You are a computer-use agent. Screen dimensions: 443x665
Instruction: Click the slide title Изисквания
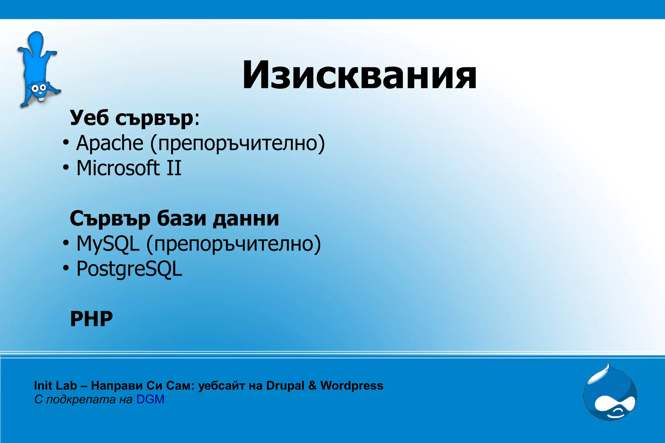point(359,75)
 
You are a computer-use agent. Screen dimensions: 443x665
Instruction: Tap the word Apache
point(110,143)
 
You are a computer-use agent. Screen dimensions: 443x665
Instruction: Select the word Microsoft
point(118,168)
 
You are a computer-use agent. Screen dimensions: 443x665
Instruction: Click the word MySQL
point(108,244)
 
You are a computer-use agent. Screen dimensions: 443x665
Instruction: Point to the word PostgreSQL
point(129,269)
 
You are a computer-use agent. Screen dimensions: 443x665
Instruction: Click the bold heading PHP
point(91,319)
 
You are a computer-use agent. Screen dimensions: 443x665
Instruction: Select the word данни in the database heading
point(246,218)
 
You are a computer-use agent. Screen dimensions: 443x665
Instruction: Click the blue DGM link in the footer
point(150,400)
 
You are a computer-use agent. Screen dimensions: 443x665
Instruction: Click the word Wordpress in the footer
point(352,386)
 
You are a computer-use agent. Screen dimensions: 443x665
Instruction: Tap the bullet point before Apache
point(66,143)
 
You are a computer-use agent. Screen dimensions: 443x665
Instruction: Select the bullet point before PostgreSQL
point(66,269)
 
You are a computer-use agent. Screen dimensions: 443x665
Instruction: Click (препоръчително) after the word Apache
point(237,143)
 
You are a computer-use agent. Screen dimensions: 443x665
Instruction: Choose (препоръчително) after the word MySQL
point(233,244)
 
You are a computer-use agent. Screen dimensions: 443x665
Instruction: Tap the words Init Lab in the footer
point(55,386)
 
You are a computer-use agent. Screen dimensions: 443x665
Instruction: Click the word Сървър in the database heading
point(110,218)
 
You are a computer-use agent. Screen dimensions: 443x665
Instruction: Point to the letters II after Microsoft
point(174,168)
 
